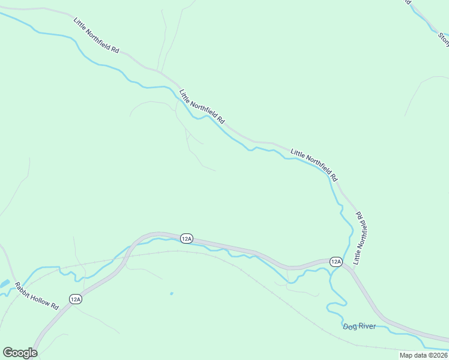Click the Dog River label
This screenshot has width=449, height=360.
[359, 326]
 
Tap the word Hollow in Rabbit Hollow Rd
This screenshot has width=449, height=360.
[40, 296]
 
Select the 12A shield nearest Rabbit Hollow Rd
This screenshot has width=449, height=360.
[75, 299]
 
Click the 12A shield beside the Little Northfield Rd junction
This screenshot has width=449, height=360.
[336, 262]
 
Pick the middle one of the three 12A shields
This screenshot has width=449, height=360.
[186, 239]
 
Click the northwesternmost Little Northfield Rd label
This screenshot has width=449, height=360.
[95, 34]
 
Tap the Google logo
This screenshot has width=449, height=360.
[20, 353]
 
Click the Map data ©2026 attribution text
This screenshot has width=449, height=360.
[423, 355]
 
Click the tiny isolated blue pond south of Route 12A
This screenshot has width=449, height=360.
[171, 293]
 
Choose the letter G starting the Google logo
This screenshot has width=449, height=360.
[8, 353]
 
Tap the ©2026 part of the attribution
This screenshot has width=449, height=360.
[436, 355]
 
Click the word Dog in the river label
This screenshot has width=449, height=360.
[349, 326]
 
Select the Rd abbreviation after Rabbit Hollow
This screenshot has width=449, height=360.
[54, 305]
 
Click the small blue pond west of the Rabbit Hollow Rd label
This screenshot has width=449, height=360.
[4, 283]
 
